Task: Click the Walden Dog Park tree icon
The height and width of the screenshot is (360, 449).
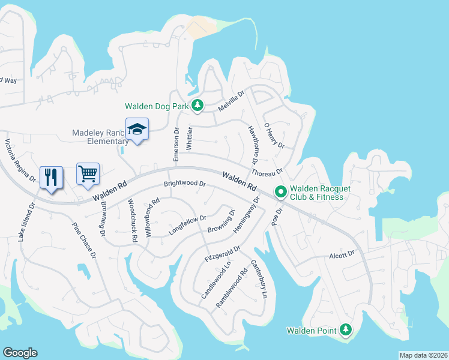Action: [x=197, y=106]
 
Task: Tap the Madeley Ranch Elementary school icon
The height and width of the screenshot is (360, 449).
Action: [x=137, y=129]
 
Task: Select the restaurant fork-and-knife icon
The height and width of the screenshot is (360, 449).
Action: [x=51, y=177]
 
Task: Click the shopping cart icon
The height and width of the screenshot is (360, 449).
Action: [x=88, y=174]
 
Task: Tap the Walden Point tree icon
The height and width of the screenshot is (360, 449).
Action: [x=345, y=330]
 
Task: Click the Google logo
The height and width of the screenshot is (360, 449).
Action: [x=20, y=353]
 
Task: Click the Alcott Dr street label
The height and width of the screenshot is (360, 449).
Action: [x=342, y=255]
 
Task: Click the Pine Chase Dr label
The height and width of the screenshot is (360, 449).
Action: [x=84, y=241]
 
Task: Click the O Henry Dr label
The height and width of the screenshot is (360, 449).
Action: [x=274, y=138]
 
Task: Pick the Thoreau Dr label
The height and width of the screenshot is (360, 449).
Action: [x=267, y=172]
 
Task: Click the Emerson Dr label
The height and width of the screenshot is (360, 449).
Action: [x=176, y=144]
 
